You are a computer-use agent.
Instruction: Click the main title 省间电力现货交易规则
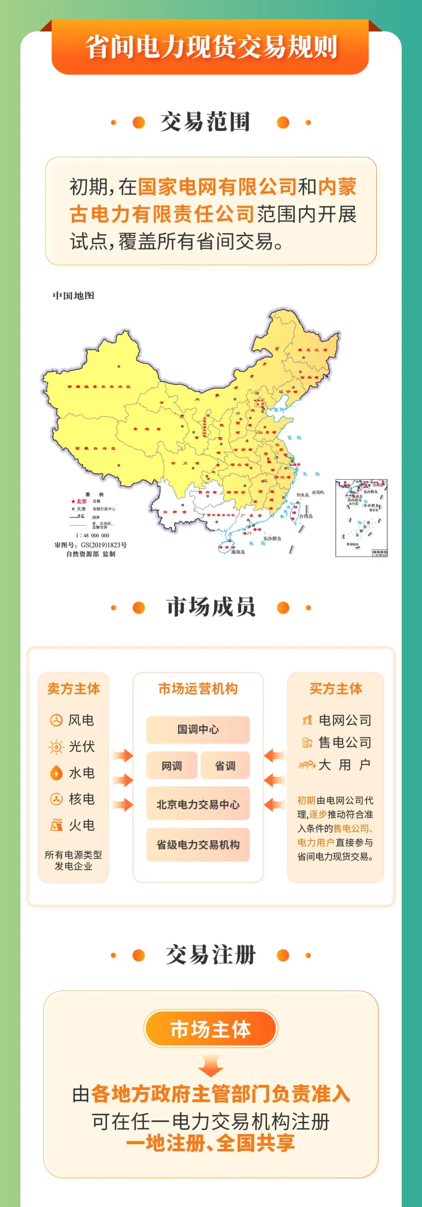[211, 47]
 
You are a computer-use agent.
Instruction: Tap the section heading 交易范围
[206, 122]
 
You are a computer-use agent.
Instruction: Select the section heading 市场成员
[211, 607]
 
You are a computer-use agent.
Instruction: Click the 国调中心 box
[198, 730]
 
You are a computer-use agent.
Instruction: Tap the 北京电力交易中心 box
[198, 805]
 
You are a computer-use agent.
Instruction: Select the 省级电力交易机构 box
[198, 845]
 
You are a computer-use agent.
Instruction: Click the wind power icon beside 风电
[56, 720]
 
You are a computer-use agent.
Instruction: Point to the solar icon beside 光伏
[56, 746]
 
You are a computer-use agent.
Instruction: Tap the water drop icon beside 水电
[56, 773]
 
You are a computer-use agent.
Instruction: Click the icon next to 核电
[56, 799]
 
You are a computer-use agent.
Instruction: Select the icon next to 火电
[56, 825]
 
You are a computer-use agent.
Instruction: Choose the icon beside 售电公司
[307, 742]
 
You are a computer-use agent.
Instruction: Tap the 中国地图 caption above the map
[73, 296]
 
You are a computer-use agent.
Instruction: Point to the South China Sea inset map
[361, 518]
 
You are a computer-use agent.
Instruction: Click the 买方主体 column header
[336, 689]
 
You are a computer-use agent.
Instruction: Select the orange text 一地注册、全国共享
[211, 1144]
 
